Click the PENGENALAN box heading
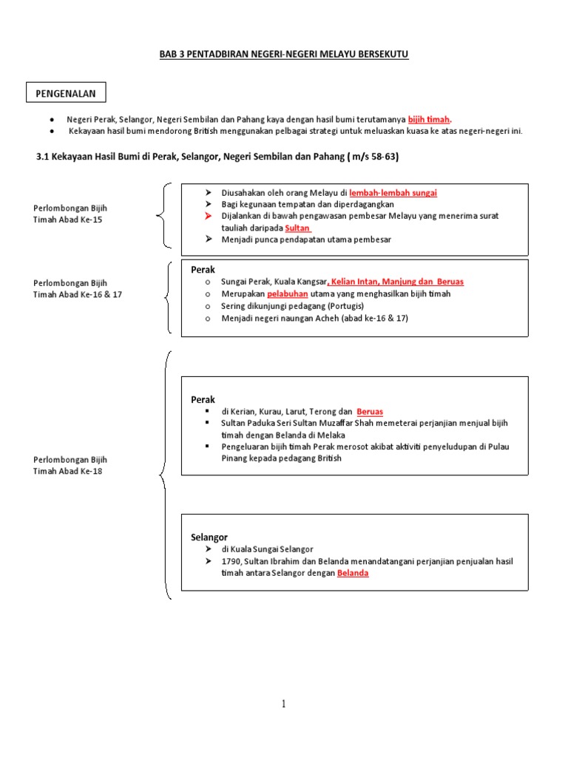coord(67,93)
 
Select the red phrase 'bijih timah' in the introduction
coord(429,119)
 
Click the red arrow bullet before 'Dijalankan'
coord(209,216)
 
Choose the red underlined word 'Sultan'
coord(297,228)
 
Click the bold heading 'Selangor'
coord(209,537)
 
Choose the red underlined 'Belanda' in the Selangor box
coord(353,573)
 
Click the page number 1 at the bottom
coord(283,704)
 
